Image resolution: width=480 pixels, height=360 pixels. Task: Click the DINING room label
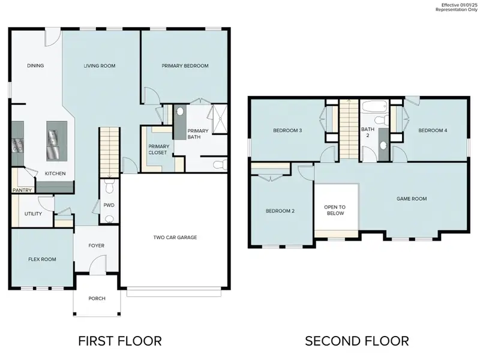click(x=35, y=66)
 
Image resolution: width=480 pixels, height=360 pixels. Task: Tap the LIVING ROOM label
click(x=100, y=66)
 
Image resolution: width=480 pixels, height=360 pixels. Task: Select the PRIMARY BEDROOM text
click(x=185, y=66)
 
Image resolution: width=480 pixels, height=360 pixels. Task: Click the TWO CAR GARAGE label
click(x=175, y=238)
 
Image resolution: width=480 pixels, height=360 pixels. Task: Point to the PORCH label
click(x=97, y=298)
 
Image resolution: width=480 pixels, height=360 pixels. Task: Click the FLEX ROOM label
click(x=42, y=259)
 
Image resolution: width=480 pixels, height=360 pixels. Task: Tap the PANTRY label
click(x=22, y=191)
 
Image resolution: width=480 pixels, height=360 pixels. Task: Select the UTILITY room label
click(x=33, y=214)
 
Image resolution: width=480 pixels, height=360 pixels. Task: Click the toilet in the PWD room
click(x=109, y=187)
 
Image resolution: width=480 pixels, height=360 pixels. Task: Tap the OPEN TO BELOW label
click(x=335, y=210)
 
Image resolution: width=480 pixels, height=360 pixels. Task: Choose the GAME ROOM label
click(x=412, y=199)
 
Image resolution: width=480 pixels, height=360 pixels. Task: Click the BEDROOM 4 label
click(x=433, y=130)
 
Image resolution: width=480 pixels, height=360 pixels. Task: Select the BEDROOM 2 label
click(x=280, y=211)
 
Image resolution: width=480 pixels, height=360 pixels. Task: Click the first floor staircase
click(x=109, y=150)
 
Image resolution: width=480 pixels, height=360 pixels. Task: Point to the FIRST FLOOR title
click(x=120, y=341)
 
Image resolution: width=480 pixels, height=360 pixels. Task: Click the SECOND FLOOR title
click(x=357, y=341)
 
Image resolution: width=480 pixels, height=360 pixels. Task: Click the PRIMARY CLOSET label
click(x=158, y=149)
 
